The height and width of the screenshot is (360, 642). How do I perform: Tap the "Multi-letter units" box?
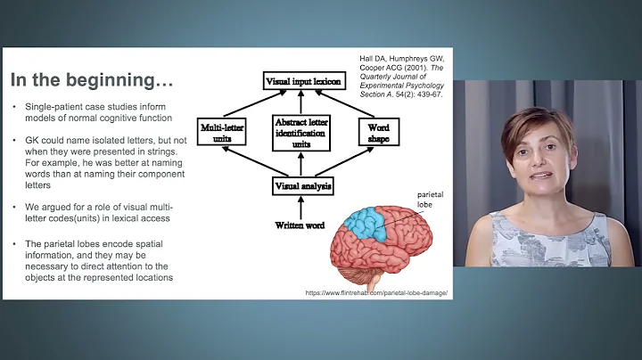(222, 134)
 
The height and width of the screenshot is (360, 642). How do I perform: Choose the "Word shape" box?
(378, 134)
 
